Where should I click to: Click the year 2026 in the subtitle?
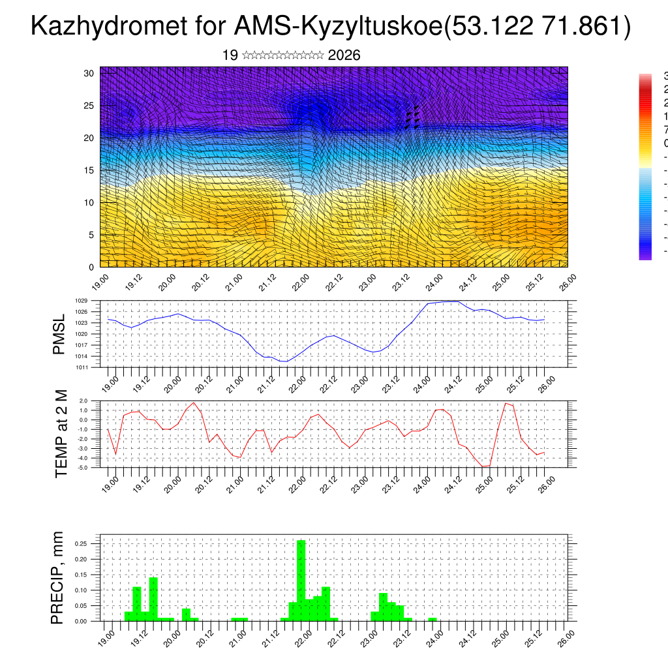click(x=344, y=55)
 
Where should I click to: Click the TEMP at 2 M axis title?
click(x=61, y=434)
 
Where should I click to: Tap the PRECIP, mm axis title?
click(x=58, y=578)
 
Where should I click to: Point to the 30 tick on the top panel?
click(x=89, y=73)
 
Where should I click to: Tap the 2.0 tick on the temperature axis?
click(x=83, y=401)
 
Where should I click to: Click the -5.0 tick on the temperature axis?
click(x=83, y=467)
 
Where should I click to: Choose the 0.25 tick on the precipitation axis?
click(x=81, y=543)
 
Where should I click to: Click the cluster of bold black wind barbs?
click(x=412, y=117)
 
